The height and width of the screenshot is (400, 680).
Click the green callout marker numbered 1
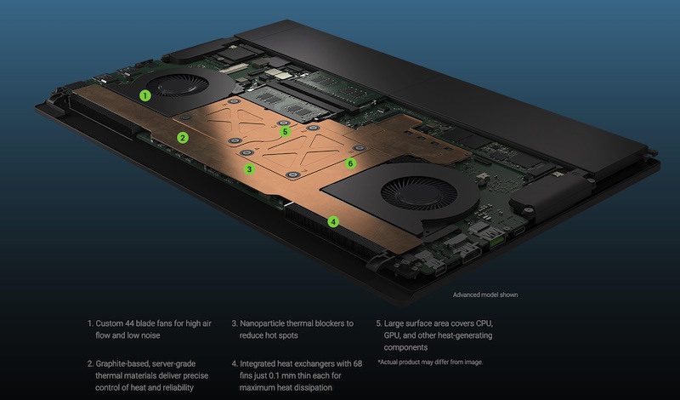145,95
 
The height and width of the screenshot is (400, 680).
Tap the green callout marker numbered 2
183,138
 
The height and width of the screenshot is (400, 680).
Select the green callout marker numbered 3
249,169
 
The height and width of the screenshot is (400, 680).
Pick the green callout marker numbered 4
333,222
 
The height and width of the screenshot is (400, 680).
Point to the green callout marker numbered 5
285,131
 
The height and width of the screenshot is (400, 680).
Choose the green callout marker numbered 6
350,163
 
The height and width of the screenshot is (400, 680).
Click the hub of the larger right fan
418,191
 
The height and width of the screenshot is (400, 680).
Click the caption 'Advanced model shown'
485,294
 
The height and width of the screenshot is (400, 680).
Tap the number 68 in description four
357,363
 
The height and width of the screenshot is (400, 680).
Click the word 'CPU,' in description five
484,323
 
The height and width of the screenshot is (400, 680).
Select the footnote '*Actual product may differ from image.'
430,362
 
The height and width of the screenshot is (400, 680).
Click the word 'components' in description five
405,347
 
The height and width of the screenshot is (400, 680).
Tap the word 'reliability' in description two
177,387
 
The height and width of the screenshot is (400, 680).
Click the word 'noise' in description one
150,335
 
